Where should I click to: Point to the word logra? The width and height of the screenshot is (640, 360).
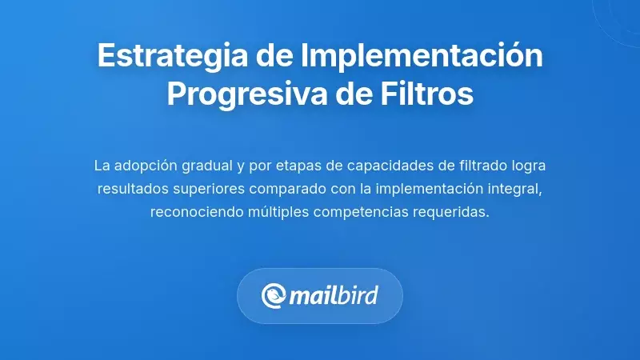click(530, 166)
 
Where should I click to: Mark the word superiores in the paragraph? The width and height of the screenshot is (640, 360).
click(208, 190)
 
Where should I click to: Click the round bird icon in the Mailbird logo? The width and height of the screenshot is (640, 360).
click(274, 296)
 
